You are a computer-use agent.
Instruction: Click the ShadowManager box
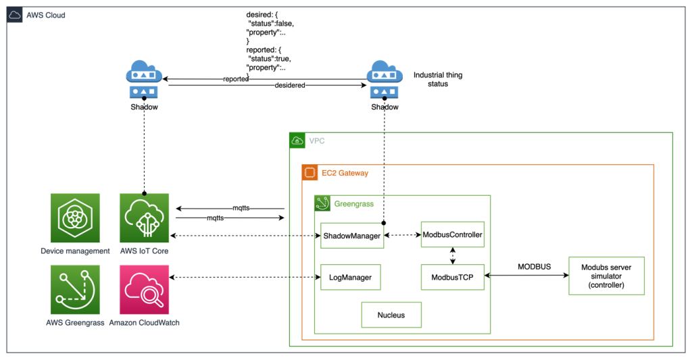(351, 236)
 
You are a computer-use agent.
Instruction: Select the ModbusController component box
(452, 234)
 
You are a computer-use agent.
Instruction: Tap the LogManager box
(350, 277)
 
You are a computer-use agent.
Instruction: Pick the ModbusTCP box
(452, 277)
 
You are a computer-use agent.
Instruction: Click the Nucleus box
(391, 315)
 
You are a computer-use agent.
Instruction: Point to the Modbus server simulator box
(606, 276)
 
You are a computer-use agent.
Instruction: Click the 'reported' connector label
(236, 79)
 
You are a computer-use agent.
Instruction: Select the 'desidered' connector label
(290, 86)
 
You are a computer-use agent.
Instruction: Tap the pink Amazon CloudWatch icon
(144, 290)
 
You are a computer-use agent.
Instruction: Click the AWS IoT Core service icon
(144, 218)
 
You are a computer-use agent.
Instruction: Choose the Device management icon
(75, 218)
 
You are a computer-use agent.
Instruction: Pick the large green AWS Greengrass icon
(75, 290)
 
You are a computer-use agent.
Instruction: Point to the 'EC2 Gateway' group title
(345, 174)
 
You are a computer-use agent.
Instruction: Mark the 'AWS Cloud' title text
(45, 15)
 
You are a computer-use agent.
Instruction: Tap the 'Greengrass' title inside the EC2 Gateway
(353, 203)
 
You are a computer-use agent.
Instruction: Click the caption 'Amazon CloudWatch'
(144, 323)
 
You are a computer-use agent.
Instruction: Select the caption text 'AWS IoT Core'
(144, 251)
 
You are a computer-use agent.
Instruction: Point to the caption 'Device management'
(75, 251)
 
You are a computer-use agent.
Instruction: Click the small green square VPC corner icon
(297, 140)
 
